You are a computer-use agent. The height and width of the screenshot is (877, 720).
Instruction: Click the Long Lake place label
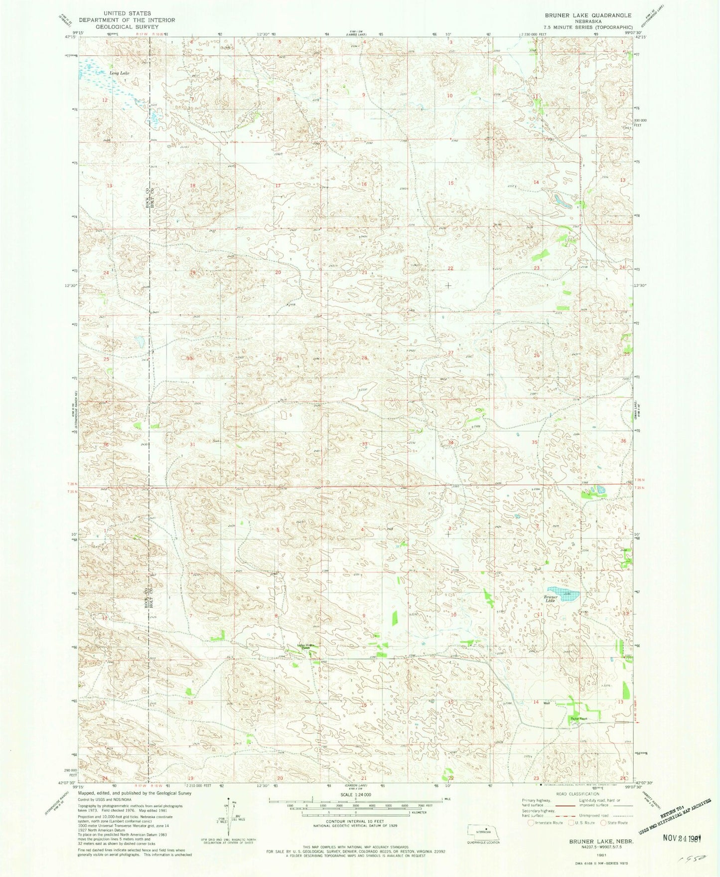point(119,73)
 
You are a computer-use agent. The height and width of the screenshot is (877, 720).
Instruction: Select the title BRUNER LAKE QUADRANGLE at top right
point(587,15)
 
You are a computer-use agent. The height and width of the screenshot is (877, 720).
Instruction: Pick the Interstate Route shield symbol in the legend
point(532,823)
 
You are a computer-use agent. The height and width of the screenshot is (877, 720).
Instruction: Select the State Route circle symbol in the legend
point(604,823)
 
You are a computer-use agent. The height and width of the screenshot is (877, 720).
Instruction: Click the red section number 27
point(450,352)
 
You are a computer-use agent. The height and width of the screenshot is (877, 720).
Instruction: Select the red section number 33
point(365,444)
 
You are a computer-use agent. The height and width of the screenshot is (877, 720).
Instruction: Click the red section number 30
point(189,358)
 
